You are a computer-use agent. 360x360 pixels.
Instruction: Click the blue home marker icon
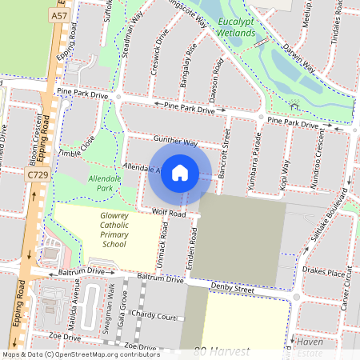[180, 173]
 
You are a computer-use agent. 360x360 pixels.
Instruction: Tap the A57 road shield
[58, 15]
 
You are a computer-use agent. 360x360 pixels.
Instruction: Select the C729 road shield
[35, 174]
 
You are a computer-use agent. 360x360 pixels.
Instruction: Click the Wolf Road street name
[170, 214]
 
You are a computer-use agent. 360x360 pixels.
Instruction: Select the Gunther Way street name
[175, 142]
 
